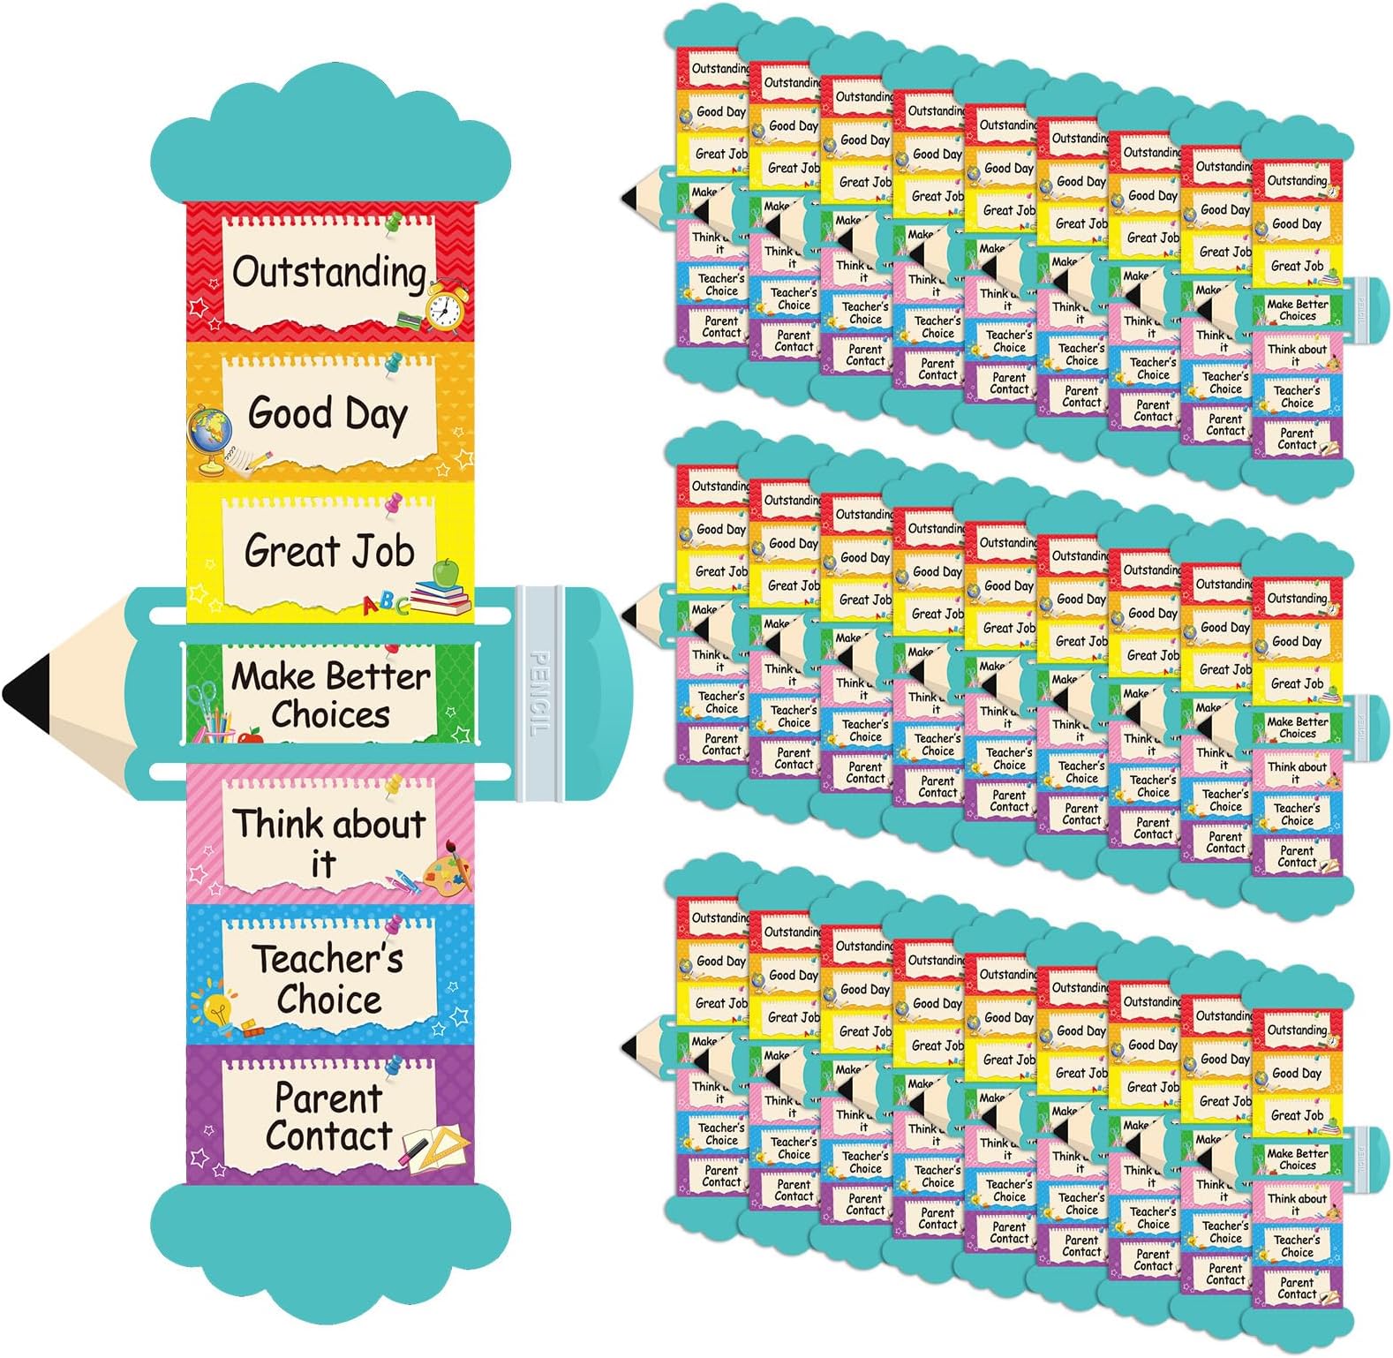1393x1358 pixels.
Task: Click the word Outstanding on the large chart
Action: click(328, 272)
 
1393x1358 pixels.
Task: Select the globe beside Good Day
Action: click(210, 431)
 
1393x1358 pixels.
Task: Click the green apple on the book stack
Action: click(448, 571)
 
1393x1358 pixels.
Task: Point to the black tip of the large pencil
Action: click(23, 691)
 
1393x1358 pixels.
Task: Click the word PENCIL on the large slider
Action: click(538, 693)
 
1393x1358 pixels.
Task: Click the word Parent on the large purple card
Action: click(328, 1098)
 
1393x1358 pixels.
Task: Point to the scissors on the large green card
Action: click(202, 702)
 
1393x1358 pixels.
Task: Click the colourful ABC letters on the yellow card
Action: click(386, 605)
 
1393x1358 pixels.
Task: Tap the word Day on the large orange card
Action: click(376, 414)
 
